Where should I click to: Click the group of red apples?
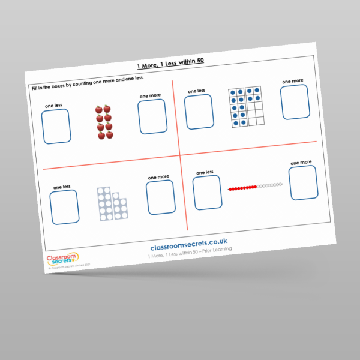pos(104,122)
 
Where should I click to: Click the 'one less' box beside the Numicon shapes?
pos(64,207)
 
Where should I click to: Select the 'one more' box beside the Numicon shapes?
pos(161,197)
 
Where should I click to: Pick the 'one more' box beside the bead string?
pos(303,182)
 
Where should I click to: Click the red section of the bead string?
pos(243,188)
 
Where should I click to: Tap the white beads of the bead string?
pos(269,185)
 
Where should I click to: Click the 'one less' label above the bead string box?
pos(205,172)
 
